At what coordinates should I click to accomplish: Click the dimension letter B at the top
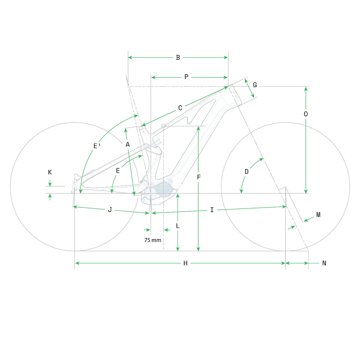click(178, 58)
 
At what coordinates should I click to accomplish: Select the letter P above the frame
click(186, 77)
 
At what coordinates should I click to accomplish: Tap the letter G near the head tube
click(255, 85)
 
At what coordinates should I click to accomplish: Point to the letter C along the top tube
click(180, 108)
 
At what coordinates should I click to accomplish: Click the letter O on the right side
click(306, 114)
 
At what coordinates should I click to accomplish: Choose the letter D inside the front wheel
click(246, 172)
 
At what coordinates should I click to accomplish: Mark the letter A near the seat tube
click(128, 144)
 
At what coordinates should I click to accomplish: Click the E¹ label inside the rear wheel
click(97, 146)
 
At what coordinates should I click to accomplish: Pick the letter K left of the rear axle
click(50, 172)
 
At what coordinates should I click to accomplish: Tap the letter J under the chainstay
click(110, 210)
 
